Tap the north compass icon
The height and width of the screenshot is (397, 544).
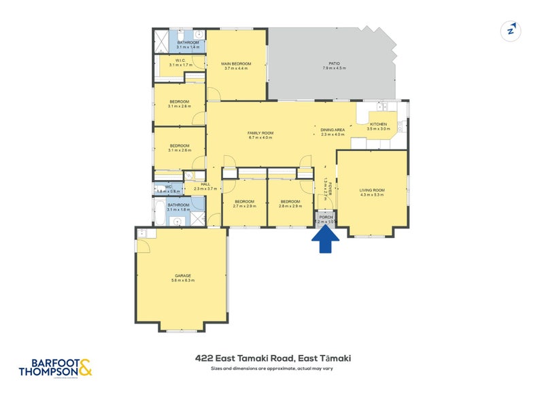[x=509, y=31]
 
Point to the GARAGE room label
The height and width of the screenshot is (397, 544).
[x=182, y=276]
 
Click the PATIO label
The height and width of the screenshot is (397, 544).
[x=333, y=64]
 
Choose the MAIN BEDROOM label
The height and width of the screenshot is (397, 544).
[x=235, y=64]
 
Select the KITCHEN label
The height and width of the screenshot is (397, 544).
[x=378, y=124]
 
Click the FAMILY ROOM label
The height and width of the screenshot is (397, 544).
[x=260, y=133]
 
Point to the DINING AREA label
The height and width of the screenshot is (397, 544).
[x=333, y=129]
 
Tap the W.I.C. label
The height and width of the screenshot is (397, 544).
[x=180, y=61]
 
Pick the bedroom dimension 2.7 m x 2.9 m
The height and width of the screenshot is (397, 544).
[x=245, y=206]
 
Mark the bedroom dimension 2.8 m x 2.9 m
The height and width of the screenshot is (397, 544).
[x=290, y=206]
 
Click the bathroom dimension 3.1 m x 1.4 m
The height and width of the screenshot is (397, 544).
[x=187, y=48]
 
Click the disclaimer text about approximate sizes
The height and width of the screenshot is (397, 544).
[x=272, y=368]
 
